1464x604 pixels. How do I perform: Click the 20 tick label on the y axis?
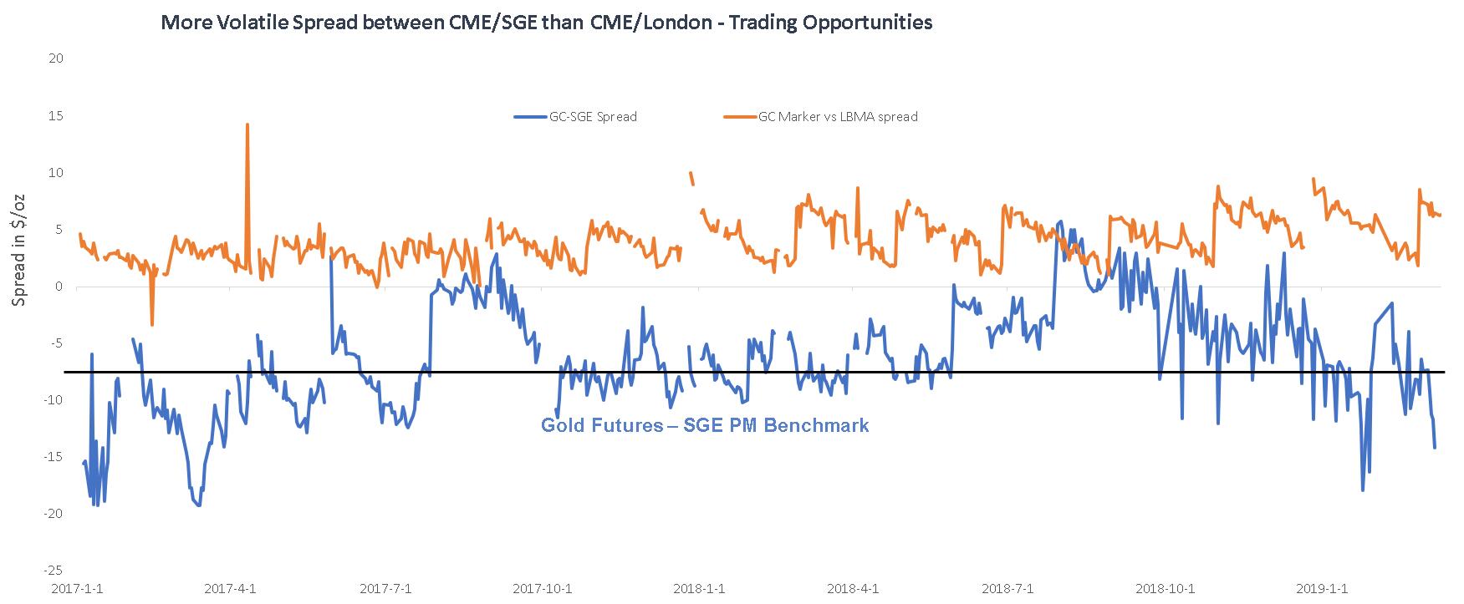[57, 58]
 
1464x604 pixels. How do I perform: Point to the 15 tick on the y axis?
[57, 115]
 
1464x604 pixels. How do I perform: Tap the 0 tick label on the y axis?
[59, 287]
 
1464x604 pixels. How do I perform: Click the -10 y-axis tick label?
[55, 399]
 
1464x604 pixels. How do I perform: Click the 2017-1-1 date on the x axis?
[77, 588]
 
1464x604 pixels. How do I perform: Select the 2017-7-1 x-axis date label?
[385, 588]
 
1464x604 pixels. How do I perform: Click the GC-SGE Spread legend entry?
[593, 117]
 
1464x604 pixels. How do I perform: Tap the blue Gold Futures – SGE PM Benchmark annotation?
[705, 425]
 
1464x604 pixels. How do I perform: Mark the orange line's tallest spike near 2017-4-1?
[247, 124]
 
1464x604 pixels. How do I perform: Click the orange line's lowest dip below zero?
[152, 324]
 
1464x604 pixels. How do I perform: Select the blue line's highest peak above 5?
[1061, 222]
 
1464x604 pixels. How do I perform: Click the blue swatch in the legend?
[529, 117]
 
